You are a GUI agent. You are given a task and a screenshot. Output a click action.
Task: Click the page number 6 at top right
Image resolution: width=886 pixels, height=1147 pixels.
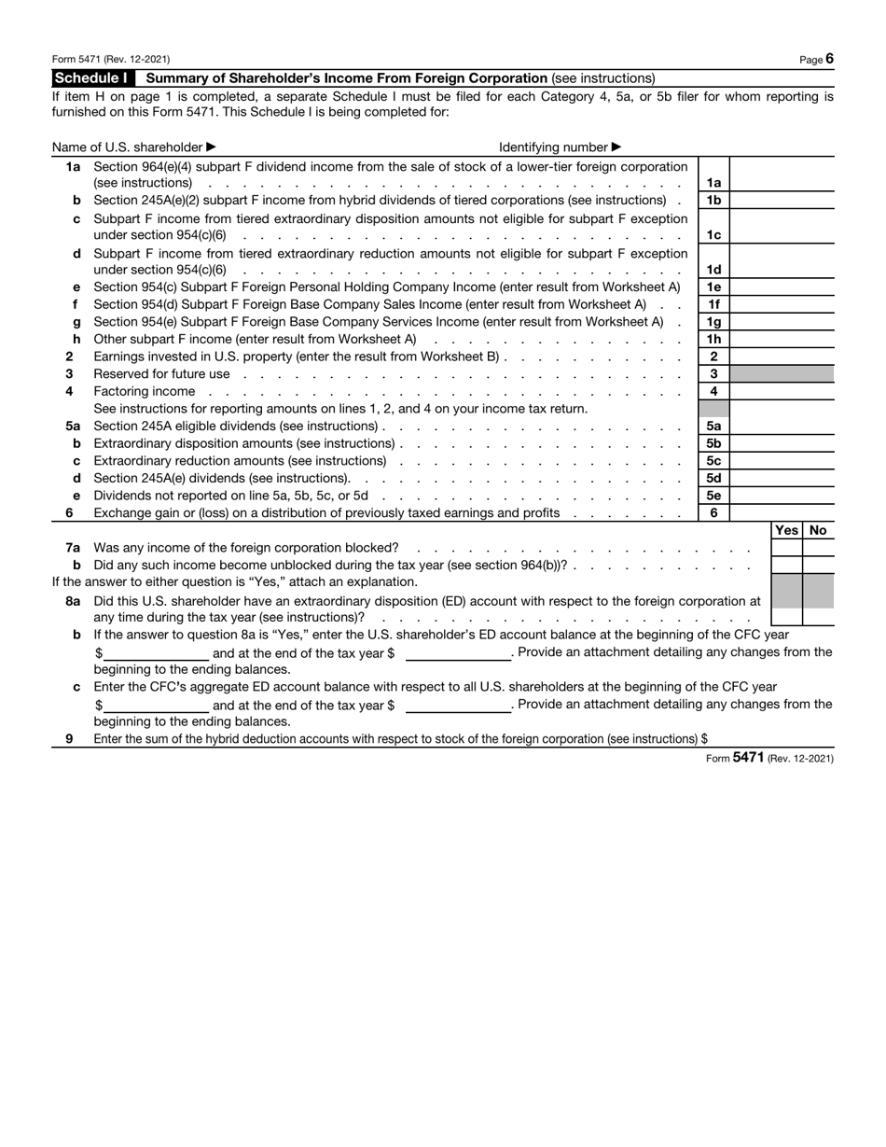pyautogui.click(x=829, y=59)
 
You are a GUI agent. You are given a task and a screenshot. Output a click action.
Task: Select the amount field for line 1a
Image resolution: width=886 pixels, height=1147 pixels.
pyautogui.click(x=782, y=183)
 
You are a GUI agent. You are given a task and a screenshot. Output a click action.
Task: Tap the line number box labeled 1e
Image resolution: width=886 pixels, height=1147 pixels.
pyautogui.click(x=713, y=287)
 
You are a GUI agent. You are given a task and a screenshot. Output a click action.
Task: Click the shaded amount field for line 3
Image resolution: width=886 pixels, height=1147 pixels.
pyautogui.click(x=782, y=374)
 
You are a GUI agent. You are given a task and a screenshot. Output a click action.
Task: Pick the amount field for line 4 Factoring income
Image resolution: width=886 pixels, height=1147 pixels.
pyautogui.click(x=782, y=392)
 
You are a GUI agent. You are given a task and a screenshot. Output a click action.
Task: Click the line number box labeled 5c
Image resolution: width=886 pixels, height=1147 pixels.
pyautogui.click(x=713, y=461)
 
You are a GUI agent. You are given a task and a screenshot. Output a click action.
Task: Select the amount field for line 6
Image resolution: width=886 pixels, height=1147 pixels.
pyautogui.click(x=782, y=513)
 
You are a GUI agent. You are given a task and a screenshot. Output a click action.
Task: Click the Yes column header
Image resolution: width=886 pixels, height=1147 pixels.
pyautogui.click(x=786, y=530)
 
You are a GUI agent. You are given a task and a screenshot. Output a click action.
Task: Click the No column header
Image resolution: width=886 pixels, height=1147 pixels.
pyautogui.click(x=818, y=530)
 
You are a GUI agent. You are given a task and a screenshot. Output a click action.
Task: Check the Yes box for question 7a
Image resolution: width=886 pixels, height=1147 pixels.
pyautogui.click(x=786, y=548)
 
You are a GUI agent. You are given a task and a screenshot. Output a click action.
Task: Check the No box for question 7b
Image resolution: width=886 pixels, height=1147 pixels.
pyautogui.click(x=818, y=566)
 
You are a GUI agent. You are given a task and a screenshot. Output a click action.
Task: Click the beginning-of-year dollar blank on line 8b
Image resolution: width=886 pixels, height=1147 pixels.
pyautogui.click(x=156, y=652)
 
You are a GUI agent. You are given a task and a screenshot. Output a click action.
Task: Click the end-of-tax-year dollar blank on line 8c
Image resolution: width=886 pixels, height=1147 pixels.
pyautogui.click(x=458, y=705)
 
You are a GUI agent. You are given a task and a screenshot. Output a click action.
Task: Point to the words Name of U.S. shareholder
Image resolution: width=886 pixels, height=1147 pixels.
pyautogui.click(x=127, y=147)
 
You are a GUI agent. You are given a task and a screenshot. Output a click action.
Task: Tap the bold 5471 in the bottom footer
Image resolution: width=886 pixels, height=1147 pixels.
pyautogui.click(x=748, y=759)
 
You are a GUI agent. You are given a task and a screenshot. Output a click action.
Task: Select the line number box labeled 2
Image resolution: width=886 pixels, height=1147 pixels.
pyautogui.click(x=713, y=357)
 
